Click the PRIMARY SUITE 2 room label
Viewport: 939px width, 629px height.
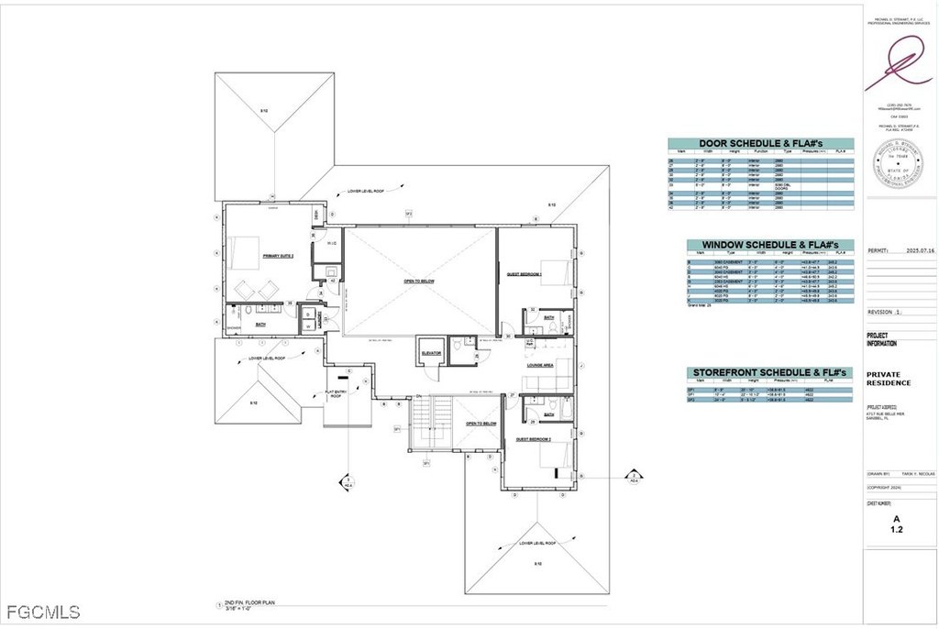coord(277,256)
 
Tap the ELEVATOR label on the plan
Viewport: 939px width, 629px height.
coord(431,352)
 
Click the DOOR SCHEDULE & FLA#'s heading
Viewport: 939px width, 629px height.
coord(760,144)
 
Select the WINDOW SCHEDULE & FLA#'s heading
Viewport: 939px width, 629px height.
coord(770,245)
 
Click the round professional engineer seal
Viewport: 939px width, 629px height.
coord(900,168)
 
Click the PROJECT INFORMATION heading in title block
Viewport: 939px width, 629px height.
coord(882,339)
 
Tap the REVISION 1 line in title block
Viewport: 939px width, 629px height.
coord(885,312)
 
